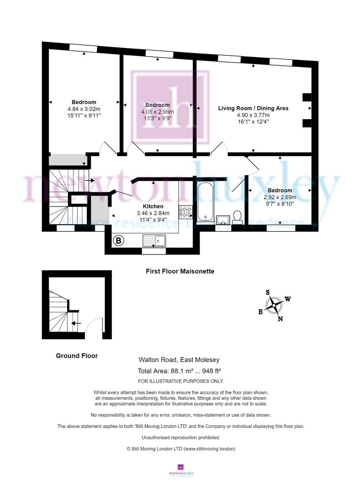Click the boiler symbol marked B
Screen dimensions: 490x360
coord(118,240)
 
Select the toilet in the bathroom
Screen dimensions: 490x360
coord(237,217)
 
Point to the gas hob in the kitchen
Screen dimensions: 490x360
coord(186,212)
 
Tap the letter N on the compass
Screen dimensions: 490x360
coord(280,318)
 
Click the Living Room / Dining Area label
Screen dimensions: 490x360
coord(253,108)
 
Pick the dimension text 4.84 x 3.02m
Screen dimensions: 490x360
coord(84,109)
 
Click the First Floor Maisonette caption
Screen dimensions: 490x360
coord(180,271)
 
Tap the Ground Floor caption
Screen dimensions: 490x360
coord(77,356)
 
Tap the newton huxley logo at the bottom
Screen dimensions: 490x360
coord(180,470)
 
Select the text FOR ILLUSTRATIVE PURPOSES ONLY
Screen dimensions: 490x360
coord(180,381)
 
